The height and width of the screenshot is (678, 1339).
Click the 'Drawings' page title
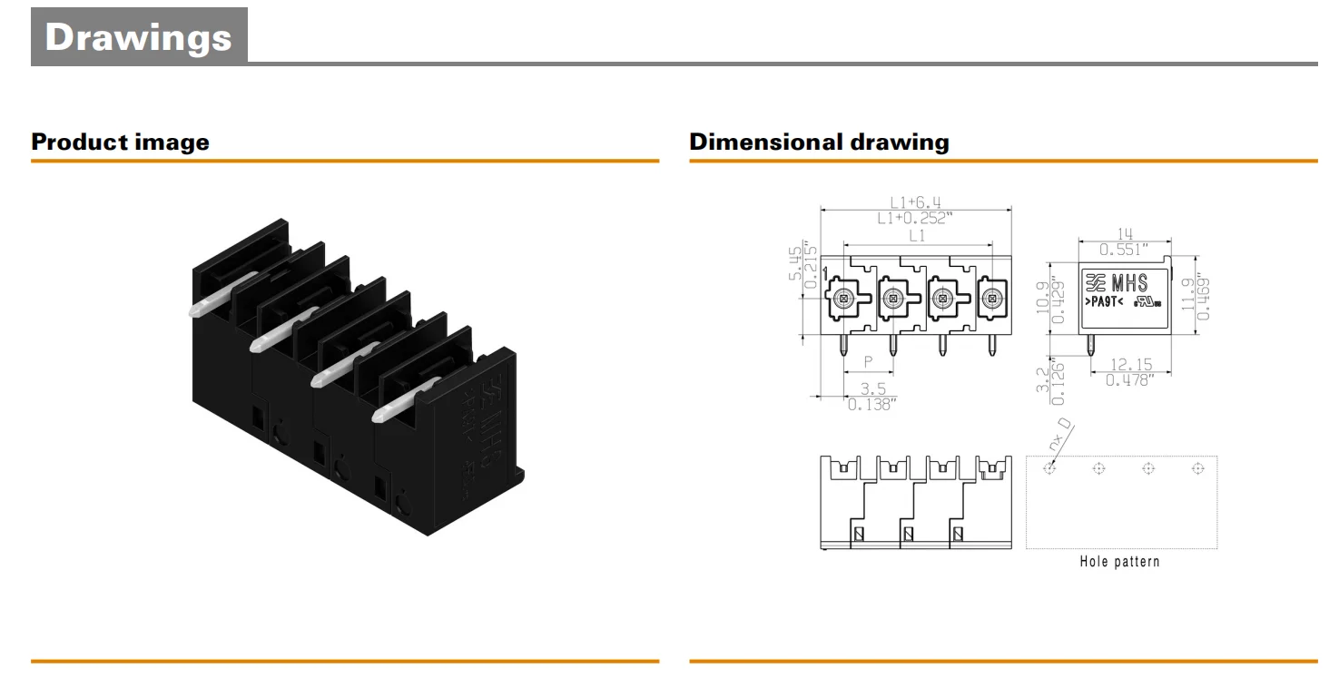138,37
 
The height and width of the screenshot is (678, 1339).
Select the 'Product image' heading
120,142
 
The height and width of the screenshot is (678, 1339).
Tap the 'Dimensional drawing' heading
819,142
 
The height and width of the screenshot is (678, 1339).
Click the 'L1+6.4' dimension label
915,202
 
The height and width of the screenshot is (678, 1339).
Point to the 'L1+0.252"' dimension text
915,218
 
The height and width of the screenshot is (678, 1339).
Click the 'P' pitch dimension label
868,361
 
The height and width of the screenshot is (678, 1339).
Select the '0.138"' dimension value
871,405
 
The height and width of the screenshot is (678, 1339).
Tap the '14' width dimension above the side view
1124,233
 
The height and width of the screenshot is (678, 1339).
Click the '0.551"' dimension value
1124,249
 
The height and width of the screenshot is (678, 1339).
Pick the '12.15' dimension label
1130,365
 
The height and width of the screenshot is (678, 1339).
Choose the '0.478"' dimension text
1130,380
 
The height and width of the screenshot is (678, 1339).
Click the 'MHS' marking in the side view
1130,283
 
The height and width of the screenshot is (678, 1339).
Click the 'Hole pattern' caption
1119,562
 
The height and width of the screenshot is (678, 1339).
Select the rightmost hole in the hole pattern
1197,468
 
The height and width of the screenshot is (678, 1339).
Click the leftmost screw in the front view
844,296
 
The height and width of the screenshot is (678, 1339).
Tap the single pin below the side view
1090,345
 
